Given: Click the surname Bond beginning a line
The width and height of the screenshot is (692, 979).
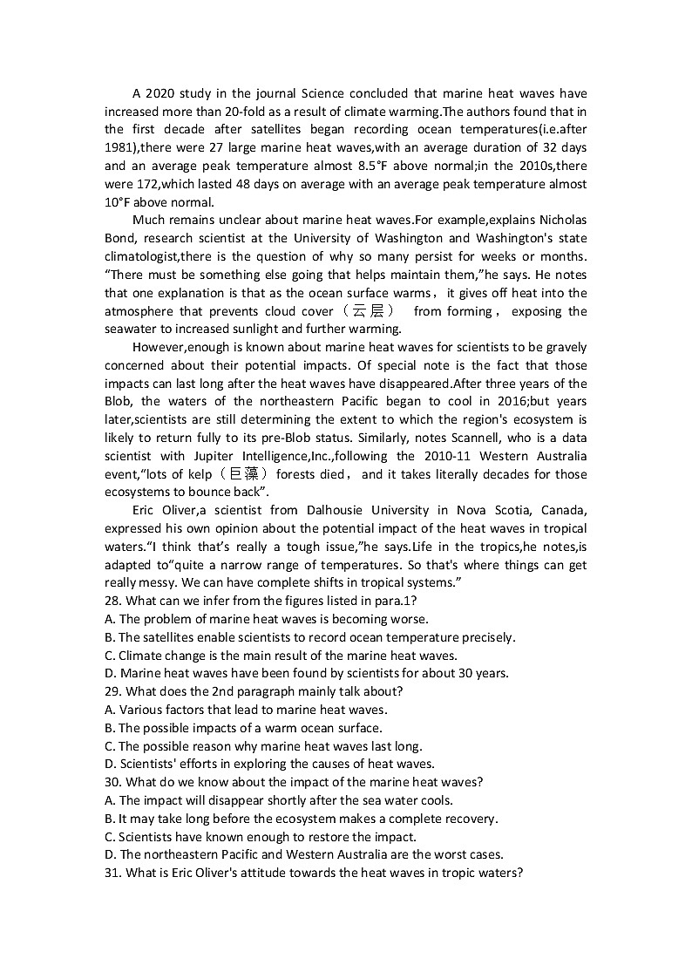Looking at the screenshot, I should click(120, 238).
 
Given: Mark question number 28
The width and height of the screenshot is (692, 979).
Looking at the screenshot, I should click(112, 601).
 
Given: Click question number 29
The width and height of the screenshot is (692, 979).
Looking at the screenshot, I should click(112, 691).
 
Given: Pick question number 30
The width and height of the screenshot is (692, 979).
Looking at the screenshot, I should click(112, 782).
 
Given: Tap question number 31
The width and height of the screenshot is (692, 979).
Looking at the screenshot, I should click(112, 873).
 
